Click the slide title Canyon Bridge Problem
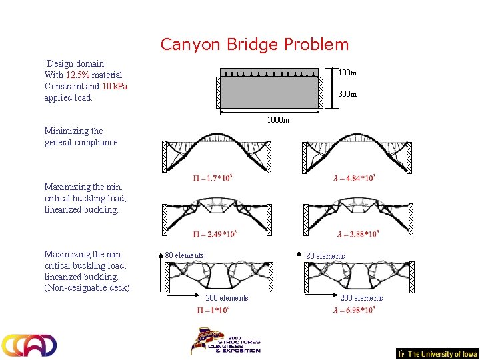coord(254,45)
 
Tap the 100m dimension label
coord(347,73)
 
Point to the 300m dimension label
coord(347,94)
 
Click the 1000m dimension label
coord(278,120)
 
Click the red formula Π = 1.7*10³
coord(213,177)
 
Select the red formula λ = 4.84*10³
coord(354,177)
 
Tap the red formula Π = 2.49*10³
coord(215,234)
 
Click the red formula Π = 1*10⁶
coord(213,310)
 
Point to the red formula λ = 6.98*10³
coord(354,310)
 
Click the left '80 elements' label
coord(185,255)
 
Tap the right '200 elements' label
coord(361,298)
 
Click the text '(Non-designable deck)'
coord(87,288)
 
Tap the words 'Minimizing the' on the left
coord(73,131)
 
